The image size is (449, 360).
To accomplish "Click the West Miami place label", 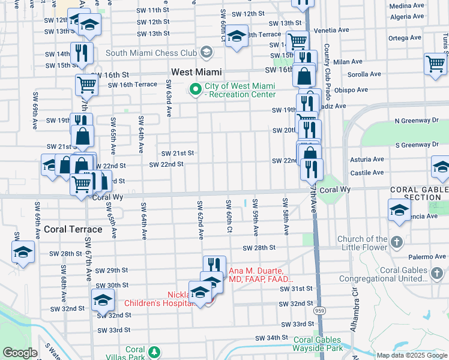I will pos(197,71).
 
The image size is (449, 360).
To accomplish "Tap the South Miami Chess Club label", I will pos(151,53).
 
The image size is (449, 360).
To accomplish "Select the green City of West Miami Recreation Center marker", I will pos(196,90).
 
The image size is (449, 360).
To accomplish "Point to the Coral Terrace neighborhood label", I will pos(73,229).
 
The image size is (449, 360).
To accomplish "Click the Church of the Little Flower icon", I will pos(396,243).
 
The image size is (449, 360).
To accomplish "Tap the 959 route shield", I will pos(319,311).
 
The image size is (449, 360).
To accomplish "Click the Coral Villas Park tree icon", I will pos(155,351).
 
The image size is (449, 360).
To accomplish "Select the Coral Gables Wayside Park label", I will pos(318,344).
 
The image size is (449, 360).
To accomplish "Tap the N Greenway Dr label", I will pos(416,121).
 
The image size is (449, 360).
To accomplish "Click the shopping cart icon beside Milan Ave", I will pos(435,64).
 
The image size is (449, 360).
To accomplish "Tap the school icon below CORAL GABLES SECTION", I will pos(399,211).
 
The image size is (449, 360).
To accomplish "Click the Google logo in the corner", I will pos(20,353).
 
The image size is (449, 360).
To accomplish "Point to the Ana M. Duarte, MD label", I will pos(260,275).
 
